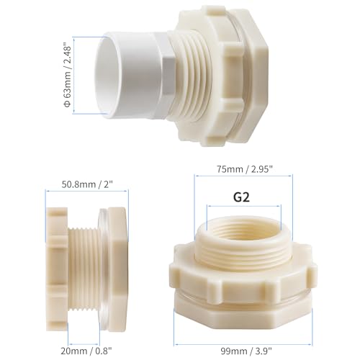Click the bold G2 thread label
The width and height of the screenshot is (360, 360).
point(241,197)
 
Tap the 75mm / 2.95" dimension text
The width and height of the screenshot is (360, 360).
point(245,169)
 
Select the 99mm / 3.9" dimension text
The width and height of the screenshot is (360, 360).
point(246,351)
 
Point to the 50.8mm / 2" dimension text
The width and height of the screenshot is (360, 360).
point(87,184)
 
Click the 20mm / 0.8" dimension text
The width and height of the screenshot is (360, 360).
point(86,351)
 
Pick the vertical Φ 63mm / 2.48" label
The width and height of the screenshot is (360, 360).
point(67,75)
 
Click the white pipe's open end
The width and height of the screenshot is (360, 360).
point(107,75)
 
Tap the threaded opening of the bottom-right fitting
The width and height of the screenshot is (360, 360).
point(244,228)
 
